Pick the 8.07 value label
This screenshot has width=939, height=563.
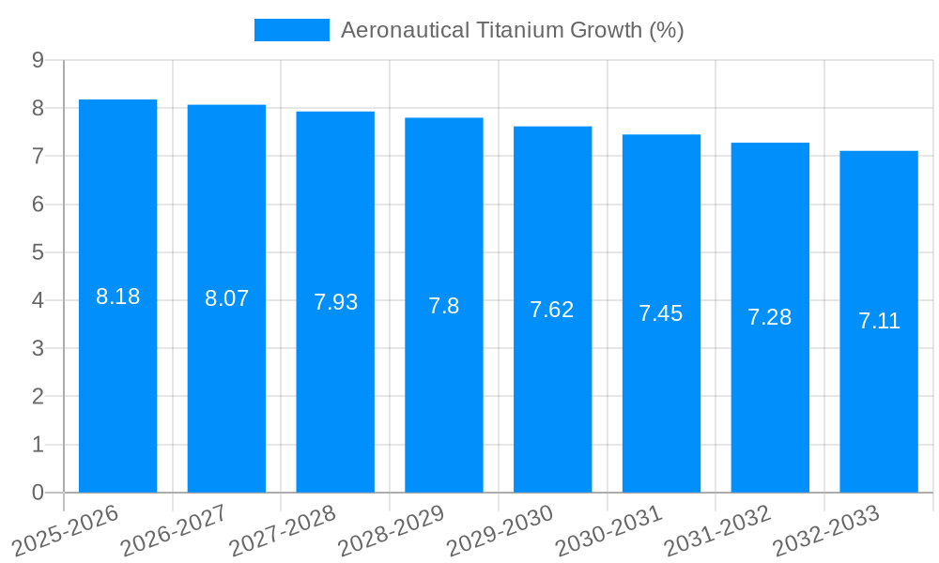226,298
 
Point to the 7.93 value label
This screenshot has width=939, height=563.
335,302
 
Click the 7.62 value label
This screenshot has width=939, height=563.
552,310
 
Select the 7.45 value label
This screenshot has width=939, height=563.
661,313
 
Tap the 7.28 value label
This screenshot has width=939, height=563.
770,317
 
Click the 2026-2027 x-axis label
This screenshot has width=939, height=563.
174,527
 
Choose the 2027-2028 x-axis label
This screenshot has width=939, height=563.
283,527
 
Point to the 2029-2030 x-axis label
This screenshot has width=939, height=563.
500,527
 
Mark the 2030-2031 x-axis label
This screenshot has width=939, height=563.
609,527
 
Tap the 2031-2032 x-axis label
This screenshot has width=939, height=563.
718,527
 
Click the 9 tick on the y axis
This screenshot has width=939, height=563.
38,60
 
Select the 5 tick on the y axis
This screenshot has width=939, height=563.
38,252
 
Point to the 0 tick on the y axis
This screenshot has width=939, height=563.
38,493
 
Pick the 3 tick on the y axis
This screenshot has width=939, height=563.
38,348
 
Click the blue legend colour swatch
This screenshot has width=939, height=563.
291,30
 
